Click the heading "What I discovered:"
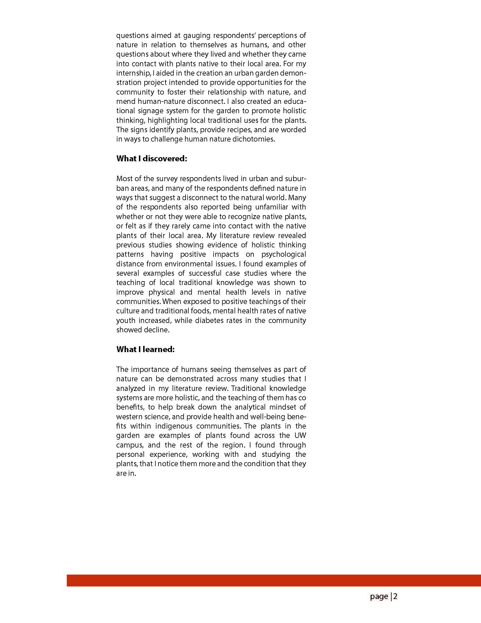coord(151,159)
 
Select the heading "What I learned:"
coord(145,350)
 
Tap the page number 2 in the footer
coord(396,596)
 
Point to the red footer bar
coord(274,581)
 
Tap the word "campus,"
coord(128,445)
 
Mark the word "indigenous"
coord(174,426)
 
